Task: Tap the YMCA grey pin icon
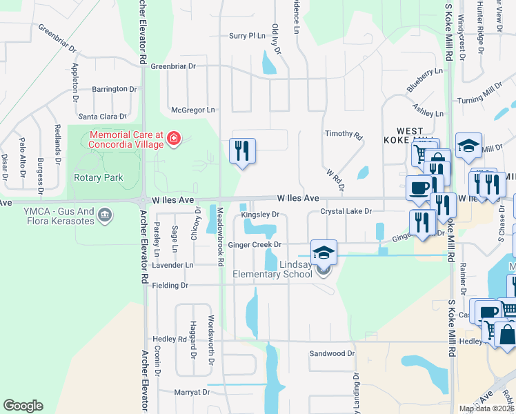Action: point(105,214)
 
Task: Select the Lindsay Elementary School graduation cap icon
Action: point(323,253)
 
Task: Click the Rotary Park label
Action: point(98,177)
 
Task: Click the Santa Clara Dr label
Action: point(103,117)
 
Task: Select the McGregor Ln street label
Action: point(193,110)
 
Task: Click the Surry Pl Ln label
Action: point(247,35)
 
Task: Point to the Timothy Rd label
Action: point(344,135)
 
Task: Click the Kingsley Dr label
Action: point(260,215)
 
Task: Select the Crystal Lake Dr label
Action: point(346,211)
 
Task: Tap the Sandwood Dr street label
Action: point(332,353)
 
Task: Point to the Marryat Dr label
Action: point(192,392)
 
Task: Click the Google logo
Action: point(23,406)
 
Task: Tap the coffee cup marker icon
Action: point(419,187)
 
